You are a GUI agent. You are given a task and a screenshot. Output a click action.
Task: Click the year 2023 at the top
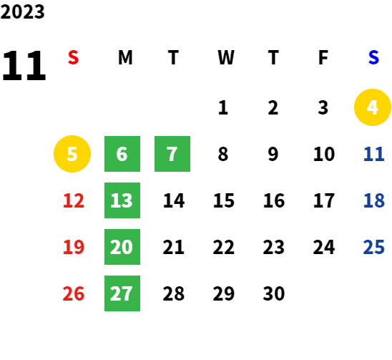[x=22, y=11]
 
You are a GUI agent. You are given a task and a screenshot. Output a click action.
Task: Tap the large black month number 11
[x=24, y=65]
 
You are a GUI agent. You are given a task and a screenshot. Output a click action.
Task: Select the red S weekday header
[x=73, y=57]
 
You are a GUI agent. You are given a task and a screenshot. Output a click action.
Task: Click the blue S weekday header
[x=373, y=57]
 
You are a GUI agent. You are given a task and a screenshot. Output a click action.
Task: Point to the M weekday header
[x=125, y=57]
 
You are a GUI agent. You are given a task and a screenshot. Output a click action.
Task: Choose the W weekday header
[x=226, y=57]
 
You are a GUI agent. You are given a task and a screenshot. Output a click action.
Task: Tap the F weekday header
[x=323, y=57]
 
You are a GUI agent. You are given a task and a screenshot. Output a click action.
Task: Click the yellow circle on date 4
[x=373, y=107]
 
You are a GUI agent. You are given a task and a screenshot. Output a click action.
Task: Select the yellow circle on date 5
[x=72, y=154]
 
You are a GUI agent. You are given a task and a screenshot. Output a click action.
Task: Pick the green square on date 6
[x=122, y=154]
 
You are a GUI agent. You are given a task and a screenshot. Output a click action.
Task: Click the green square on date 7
[x=172, y=154]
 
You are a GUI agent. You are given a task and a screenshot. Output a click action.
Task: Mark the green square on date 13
[x=122, y=200]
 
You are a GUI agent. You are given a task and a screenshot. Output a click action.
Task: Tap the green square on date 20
[x=122, y=247]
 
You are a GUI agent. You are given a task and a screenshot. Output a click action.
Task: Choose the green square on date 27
[x=122, y=293]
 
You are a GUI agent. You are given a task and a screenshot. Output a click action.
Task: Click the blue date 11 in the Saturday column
[x=373, y=154]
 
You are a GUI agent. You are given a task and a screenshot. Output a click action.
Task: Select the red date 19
[x=74, y=247]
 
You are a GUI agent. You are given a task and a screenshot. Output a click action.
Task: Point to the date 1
[x=223, y=107]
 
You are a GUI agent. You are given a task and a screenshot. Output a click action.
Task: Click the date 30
[x=274, y=293]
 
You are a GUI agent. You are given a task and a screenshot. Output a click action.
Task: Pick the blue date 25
[x=373, y=247]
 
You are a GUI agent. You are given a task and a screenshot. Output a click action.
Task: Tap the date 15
[x=224, y=200]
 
